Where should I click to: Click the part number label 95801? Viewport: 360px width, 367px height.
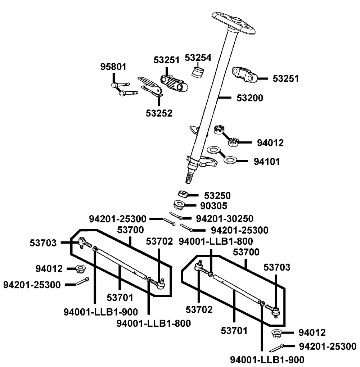(113, 67)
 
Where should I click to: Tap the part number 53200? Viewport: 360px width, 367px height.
(249, 98)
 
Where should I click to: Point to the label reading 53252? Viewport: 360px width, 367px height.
(159, 113)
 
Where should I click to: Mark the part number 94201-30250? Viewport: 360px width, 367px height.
(225, 218)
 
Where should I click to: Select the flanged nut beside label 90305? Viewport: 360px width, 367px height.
(179, 205)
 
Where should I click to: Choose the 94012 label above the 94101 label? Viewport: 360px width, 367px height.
(270, 142)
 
